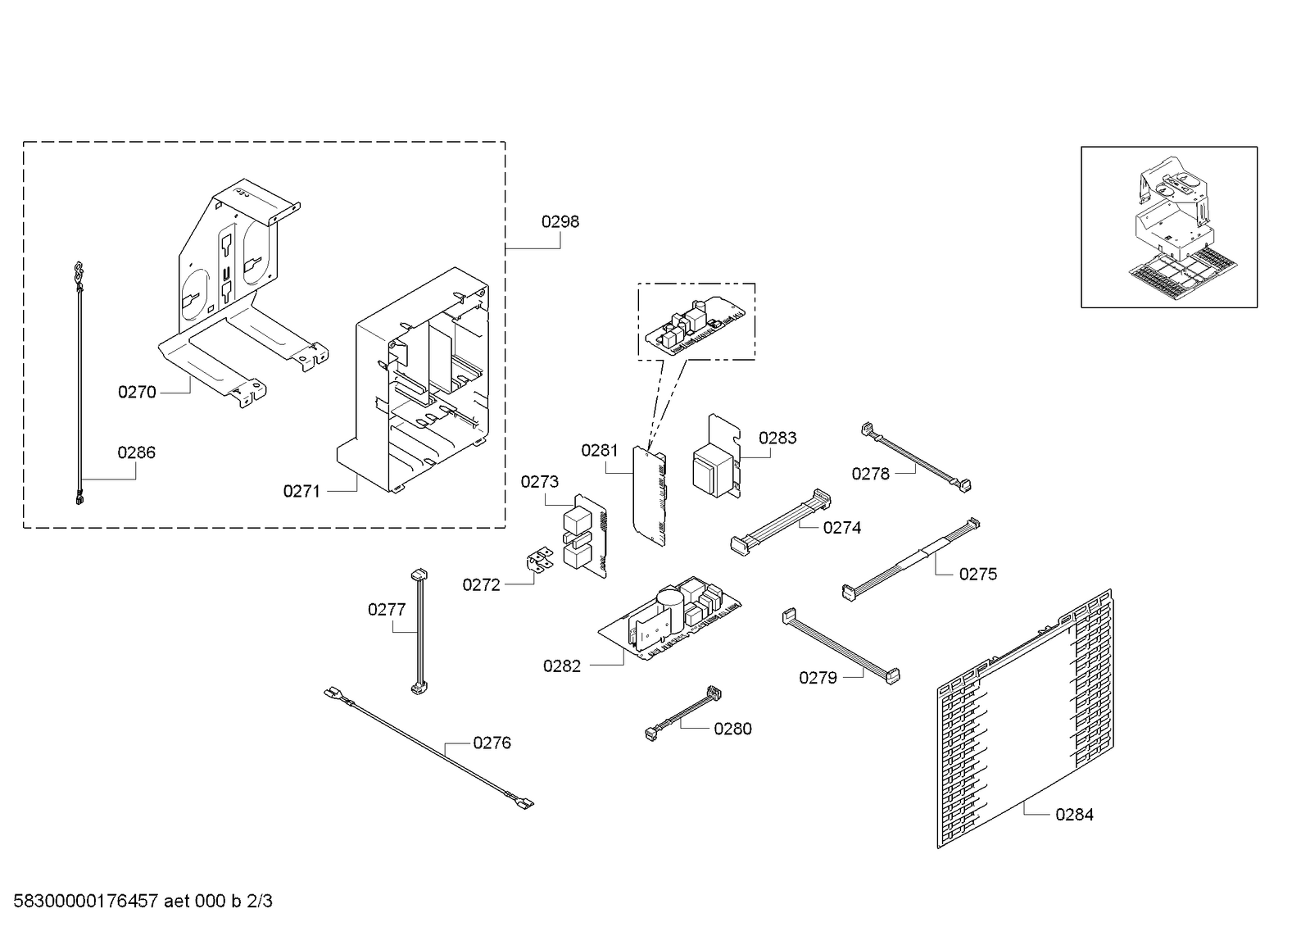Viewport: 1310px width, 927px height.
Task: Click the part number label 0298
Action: coord(560,222)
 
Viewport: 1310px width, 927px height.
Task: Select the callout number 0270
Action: coord(137,392)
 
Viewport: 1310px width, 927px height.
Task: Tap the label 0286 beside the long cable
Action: coord(136,452)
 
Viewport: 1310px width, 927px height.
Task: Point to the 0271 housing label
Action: coord(301,492)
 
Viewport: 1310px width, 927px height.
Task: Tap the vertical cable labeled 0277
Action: coord(419,632)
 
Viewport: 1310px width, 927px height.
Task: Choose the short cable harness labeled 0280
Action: coord(683,713)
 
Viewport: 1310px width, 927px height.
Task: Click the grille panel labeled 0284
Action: coord(1025,719)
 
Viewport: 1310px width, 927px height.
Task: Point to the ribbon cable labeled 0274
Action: coord(781,522)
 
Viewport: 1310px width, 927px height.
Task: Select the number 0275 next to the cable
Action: coord(978,574)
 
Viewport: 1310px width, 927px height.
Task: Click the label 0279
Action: coord(818,678)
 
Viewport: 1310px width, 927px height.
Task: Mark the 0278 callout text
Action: coord(870,474)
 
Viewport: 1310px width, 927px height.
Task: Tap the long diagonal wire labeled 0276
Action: coord(428,748)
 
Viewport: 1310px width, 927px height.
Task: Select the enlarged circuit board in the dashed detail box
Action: coord(696,325)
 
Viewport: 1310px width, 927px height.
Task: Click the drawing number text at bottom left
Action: coord(143,901)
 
